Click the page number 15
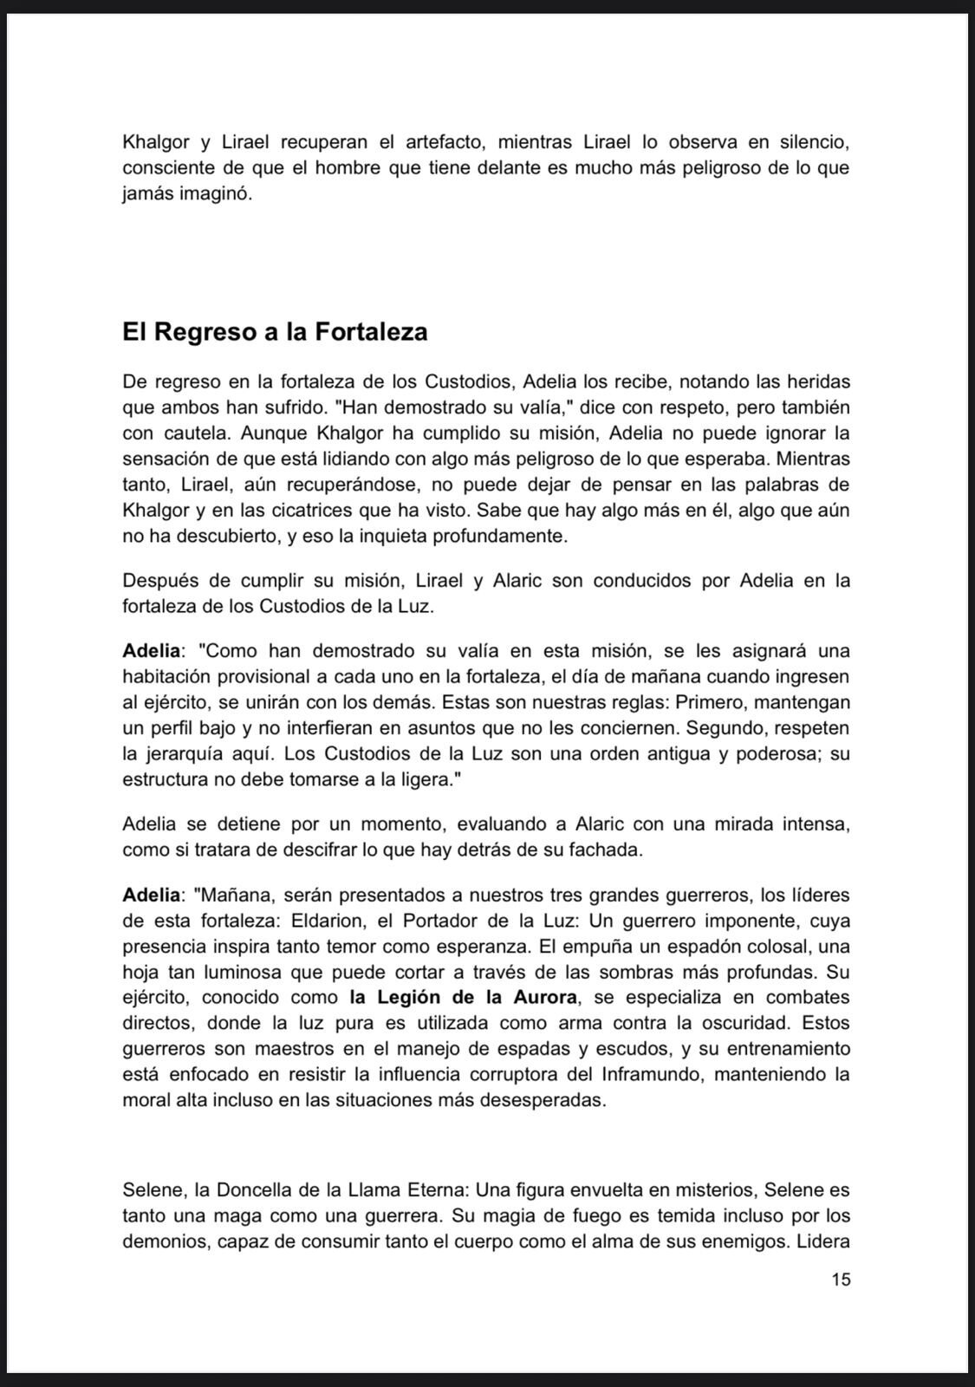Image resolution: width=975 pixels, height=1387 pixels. [840, 1279]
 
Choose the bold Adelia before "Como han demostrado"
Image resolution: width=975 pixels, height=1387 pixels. [153, 650]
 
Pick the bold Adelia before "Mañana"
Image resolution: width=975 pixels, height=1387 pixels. [153, 894]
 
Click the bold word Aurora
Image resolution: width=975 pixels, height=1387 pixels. [542, 997]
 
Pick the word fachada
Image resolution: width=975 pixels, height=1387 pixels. [606, 850]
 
